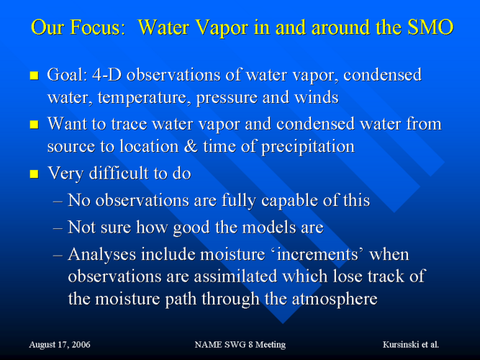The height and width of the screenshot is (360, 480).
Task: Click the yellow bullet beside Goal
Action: click(x=34, y=76)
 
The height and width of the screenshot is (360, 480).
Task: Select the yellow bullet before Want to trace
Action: click(x=34, y=125)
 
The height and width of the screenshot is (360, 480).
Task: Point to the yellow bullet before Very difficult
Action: click(x=34, y=174)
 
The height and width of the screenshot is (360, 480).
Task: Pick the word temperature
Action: click(x=144, y=98)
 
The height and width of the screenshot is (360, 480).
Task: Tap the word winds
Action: click(x=316, y=97)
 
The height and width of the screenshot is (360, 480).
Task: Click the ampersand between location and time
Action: click(x=191, y=146)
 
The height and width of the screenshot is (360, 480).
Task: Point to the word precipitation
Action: click(x=308, y=147)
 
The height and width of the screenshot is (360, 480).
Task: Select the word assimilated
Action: click(x=236, y=276)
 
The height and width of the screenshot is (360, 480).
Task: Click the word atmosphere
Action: click(x=335, y=300)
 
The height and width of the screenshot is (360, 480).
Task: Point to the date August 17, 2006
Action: click(x=60, y=345)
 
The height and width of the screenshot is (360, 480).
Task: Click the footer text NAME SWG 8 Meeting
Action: click(x=240, y=345)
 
